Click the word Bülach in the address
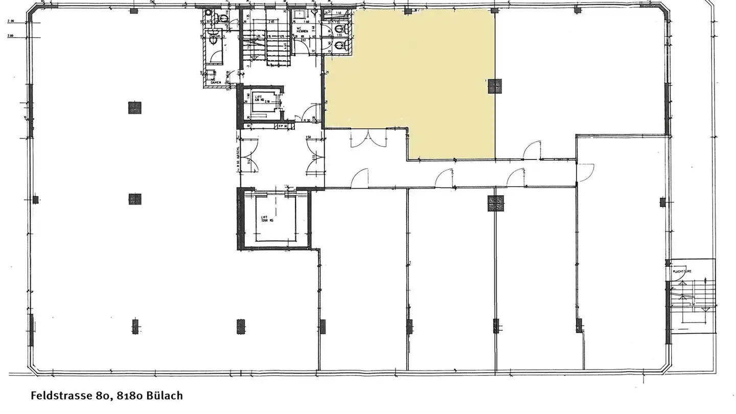tap(164, 396)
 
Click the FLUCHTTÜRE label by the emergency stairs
tap(682, 271)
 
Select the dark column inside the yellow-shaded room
tap(494, 86)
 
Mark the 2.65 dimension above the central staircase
tap(272, 22)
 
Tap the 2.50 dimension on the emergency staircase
tap(693, 304)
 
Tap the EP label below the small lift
tap(281, 126)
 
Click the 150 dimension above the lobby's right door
tap(308, 138)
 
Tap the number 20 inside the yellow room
tap(327, 72)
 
